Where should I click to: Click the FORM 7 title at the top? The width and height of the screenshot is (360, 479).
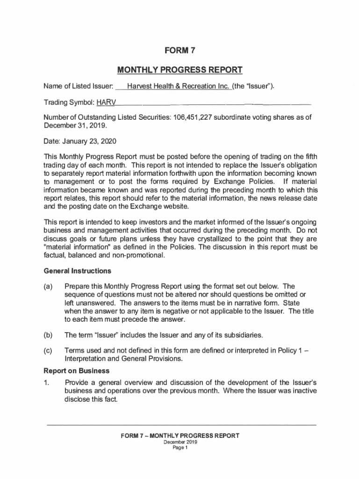click(180, 51)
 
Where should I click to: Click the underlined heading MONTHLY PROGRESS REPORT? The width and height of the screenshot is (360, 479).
click(180, 71)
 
